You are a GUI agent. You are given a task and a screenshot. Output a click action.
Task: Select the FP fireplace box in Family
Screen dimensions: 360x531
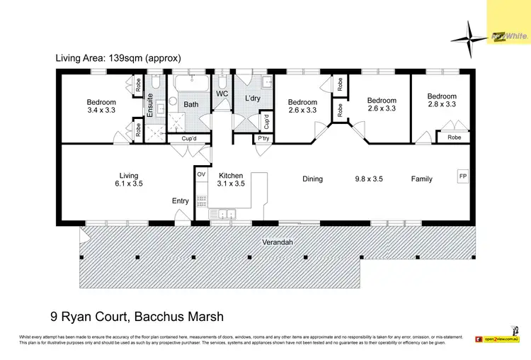point(463,176)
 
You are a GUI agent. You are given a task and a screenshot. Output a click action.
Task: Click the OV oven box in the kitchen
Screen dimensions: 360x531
point(200,174)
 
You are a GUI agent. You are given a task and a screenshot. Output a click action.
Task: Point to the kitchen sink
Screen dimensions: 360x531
point(227,212)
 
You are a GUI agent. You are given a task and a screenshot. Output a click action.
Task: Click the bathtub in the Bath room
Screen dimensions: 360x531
point(191,86)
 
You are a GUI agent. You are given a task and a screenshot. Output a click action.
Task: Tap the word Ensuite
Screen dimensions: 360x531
point(150,105)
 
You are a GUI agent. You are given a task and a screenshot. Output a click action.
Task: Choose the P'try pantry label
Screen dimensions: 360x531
point(264,138)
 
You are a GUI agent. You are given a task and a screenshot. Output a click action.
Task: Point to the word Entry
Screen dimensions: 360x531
point(181,201)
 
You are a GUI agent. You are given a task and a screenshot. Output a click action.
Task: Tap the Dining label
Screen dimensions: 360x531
point(312,179)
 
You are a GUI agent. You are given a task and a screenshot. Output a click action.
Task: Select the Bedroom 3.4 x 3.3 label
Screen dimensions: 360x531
point(101,106)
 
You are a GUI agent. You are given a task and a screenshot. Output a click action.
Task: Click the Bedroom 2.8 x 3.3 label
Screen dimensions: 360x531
point(442,100)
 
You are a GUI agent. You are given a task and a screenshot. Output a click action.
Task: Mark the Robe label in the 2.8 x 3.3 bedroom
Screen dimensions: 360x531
point(454,137)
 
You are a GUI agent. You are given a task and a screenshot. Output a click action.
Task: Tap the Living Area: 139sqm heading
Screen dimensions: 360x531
point(118,58)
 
